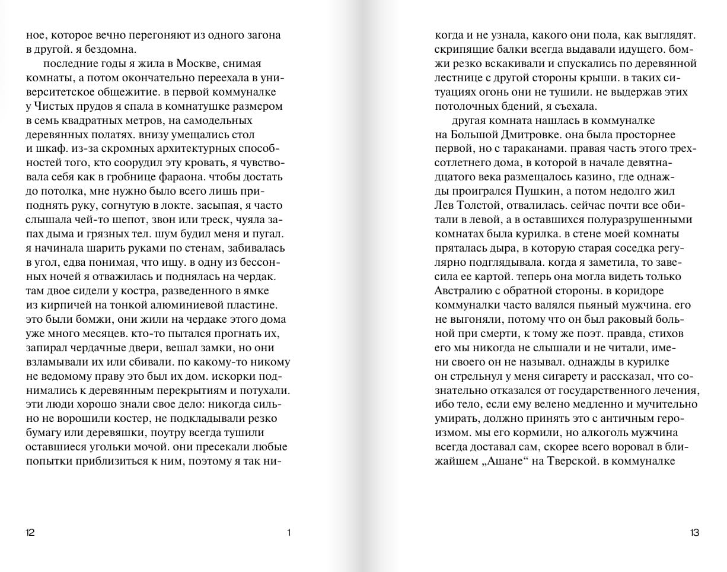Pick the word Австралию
coord(466,291)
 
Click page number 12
coord(30,532)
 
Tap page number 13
coord(694,532)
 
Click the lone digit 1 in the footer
coord(289,532)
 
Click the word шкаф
coord(50,148)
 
